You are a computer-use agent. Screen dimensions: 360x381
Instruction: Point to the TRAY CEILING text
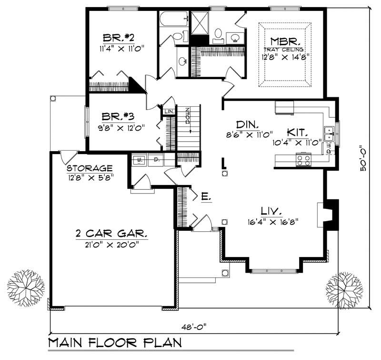(285, 49)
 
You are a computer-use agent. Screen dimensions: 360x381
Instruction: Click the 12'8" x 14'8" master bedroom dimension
(285, 56)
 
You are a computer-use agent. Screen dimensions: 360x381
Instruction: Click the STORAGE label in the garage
(90, 168)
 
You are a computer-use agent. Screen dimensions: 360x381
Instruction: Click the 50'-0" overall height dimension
(364, 158)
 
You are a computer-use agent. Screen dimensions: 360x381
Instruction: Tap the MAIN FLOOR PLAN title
(114, 343)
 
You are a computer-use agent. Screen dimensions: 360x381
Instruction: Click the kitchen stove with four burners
(303, 160)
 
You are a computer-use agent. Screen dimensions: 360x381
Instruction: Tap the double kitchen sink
(329, 133)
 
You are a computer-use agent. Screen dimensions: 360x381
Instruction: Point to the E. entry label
(204, 196)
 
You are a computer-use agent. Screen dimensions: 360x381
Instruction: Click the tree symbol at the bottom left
(29, 287)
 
